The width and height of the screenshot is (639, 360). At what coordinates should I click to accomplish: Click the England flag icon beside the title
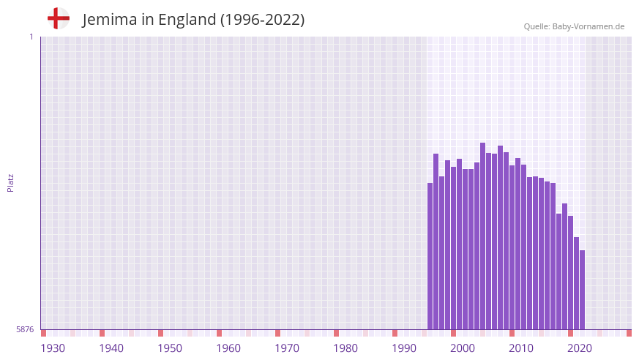(58, 18)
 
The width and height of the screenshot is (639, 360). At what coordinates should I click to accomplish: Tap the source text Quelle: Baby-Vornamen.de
(574, 26)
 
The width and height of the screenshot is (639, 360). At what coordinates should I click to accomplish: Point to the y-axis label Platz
(10, 182)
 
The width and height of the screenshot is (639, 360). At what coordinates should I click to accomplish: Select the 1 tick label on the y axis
(31, 37)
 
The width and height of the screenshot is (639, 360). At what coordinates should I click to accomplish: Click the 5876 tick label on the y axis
(24, 330)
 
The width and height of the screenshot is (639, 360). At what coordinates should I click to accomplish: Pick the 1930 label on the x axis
(53, 348)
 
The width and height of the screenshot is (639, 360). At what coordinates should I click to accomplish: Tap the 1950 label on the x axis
(170, 348)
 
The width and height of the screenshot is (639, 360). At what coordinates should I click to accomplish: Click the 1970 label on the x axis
(287, 348)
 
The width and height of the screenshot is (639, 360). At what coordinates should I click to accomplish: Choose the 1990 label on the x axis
(404, 348)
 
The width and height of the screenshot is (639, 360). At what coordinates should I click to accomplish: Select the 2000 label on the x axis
(463, 348)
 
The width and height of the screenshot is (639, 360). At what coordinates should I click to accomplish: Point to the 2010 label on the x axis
(521, 348)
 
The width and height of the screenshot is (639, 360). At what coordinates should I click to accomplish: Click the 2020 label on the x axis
(580, 348)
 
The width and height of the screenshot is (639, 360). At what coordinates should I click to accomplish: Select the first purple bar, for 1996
(430, 256)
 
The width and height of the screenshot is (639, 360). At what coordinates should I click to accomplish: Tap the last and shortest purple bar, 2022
(582, 289)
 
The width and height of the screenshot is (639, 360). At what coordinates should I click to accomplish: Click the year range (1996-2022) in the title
(262, 20)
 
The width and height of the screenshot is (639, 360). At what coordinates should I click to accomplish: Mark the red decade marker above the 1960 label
(219, 333)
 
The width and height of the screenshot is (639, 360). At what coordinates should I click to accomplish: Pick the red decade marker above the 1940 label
(102, 333)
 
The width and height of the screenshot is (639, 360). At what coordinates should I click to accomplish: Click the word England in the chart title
(187, 20)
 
